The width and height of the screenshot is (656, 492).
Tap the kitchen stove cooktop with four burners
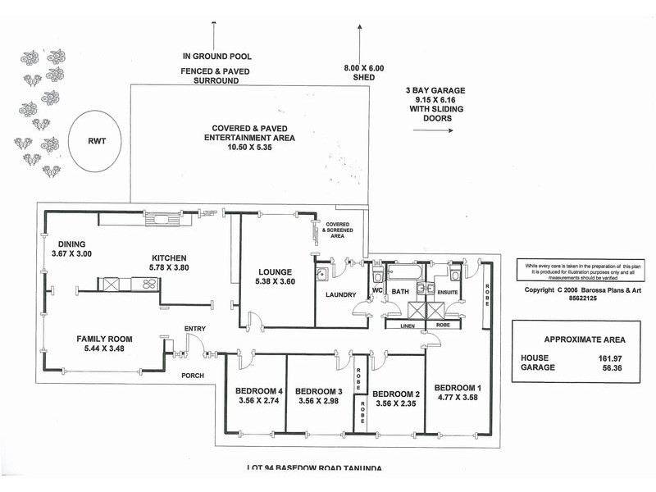click(x=149, y=285)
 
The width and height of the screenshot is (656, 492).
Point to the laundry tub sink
click(x=322, y=273)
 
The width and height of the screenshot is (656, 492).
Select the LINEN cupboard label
click(x=400, y=326)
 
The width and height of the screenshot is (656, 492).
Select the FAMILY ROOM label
click(x=104, y=339)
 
